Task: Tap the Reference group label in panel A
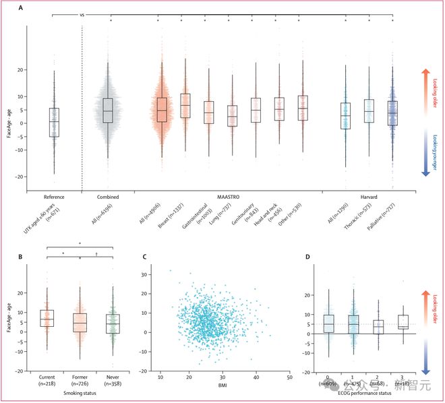[x=53, y=197]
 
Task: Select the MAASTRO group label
[x=228, y=197]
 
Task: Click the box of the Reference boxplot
[x=53, y=122]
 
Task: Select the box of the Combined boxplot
[x=107, y=110]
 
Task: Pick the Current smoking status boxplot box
[x=47, y=318]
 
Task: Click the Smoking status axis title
[x=80, y=392]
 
